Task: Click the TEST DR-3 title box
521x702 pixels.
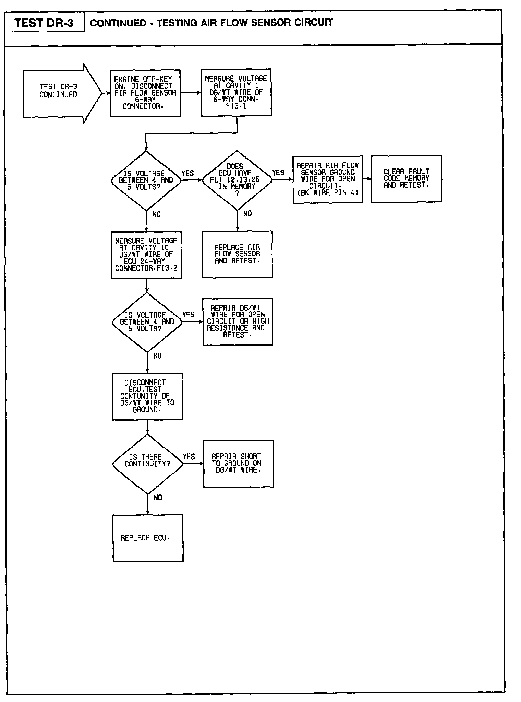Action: click(x=44, y=23)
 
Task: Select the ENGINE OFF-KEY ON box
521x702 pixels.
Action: click(x=145, y=93)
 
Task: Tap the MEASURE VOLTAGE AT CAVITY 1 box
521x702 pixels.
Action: click(x=236, y=92)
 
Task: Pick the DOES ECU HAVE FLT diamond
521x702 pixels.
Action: click(x=237, y=180)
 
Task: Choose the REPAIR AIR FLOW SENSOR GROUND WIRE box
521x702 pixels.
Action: click(x=328, y=179)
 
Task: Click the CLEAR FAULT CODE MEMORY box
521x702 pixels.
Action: click(x=406, y=179)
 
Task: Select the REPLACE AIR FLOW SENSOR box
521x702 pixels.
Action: click(x=237, y=254)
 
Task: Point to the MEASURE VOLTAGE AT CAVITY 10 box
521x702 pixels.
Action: click(x=146, y=255)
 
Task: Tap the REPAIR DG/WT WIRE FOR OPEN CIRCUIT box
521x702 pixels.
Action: click(x=238, y=322)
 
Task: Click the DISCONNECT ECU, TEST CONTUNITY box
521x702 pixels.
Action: click(x=147, y=396)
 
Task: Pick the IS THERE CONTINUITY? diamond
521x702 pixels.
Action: click(x=148, y=464)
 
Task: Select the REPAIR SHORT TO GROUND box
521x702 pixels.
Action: click(x=238, y=463)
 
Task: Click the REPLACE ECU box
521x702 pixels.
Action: click(x=148, y=538)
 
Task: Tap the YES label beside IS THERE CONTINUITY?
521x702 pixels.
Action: click(x=189, y=456)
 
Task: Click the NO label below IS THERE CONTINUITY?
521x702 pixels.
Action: click(x=158, y=498)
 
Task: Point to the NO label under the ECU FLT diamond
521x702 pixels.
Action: click(x=247, y=214)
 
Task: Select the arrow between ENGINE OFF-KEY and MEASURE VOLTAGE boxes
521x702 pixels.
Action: click(x=191, y=93)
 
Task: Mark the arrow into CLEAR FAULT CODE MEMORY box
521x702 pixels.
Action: click(x=367, y=179)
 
